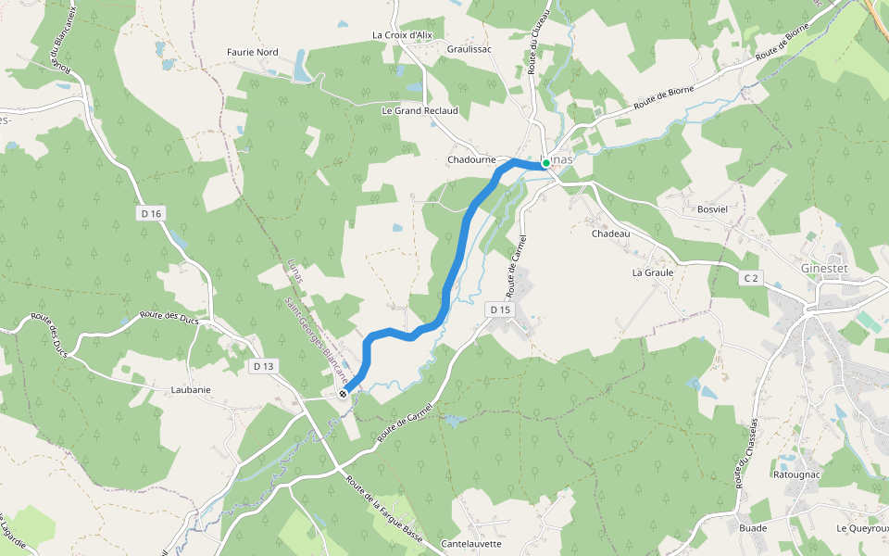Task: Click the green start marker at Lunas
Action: click(x=546, y=163)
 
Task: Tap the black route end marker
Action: click(x=344, y=394)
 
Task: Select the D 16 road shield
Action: click(x=152, y=214)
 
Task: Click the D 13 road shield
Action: click(x=263, y=366)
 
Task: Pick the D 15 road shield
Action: click(x=500, y=310)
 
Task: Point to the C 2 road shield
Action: click(x=750, y=278)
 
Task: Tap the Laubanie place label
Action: click(x=191, y=390)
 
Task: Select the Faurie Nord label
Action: click(x=252, y=52)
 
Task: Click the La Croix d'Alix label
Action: click(x=402, y=35)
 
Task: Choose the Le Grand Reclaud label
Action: click(x=419, y=110)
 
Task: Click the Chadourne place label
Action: click(x=472, y=159)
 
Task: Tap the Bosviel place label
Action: click(x=713, y=209)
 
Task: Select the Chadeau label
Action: click(x=610, y=234)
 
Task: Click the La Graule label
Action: click(x=653, y=273)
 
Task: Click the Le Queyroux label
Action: click(x=861, y=528)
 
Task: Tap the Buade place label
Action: click(x=752, y=528)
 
